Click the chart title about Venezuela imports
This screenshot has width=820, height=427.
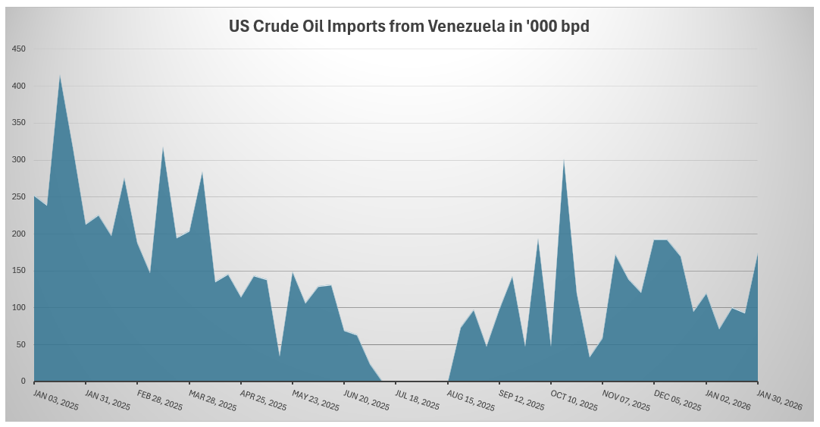click(409, 26)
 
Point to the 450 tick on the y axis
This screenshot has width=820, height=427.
click(19, 49)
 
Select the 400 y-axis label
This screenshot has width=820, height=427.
click(19, 86)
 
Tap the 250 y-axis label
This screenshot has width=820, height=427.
click(19, 197)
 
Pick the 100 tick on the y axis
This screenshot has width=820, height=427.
click(19, 308)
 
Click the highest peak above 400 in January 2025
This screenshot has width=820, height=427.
click(60, 75)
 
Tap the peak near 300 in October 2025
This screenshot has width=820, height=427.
click(564, 159)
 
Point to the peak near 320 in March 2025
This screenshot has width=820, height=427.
click(163, 147)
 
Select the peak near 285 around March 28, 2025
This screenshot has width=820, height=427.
click(202, 172)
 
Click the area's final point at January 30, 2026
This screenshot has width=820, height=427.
click(758, 254)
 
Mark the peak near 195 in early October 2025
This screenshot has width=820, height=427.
click(538, 239)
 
